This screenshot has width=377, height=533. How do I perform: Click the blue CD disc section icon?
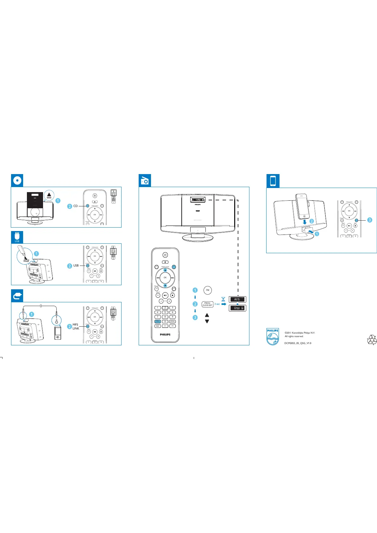click(x=17, y=180)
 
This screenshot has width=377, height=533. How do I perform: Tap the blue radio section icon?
click(x=145, y=180)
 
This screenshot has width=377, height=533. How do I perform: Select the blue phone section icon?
click(x=273, y=181)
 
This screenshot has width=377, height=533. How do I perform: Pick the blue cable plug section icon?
click(x=17, y=296)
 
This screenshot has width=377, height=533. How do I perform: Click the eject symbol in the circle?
click(x=49, y=196)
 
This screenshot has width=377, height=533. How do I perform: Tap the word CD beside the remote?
click(x=75, y=206)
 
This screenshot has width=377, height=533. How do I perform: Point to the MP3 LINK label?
click(x=76, y=327)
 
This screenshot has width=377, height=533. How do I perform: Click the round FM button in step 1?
click(x=208, y=290)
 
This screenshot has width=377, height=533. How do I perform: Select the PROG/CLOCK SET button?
click(x=207, y=304)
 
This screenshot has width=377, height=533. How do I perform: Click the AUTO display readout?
click(x=237, y=299)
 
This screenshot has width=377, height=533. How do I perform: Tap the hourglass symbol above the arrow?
click(x=223, y=299)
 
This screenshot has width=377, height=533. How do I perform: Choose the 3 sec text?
click(x=217, y=304)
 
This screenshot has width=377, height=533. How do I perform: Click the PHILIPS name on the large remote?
click(x=165, y=335)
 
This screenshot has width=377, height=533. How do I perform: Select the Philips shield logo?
click(x=273, y=336)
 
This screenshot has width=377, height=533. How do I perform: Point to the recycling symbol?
click(x=372, y=340)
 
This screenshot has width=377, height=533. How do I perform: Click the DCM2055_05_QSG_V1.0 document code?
click(x=298, y=343)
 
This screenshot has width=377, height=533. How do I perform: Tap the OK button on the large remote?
click(x=165, y=278)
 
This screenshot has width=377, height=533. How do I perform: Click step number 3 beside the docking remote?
click(x=369, y=220)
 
